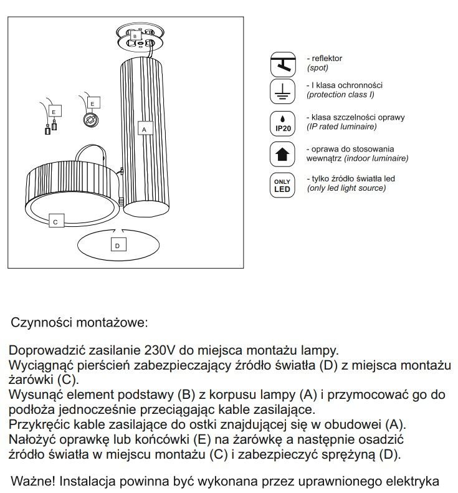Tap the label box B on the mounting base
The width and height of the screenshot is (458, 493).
[x=135, y=37]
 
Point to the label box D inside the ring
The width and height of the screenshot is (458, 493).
[x=117, y=246]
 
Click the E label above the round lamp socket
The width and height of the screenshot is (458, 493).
[x=92, y=102]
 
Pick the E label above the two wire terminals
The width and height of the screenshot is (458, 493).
[x=54, y=111]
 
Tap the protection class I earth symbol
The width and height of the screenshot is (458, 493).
[x=282, y=92]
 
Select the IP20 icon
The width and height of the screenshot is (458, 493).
[x=282, y=123]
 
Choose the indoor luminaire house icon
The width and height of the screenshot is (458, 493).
[x=282, y=154]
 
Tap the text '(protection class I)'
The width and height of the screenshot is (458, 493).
[x=340, y=95]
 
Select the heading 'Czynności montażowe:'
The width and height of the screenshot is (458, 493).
[x=79, y=324]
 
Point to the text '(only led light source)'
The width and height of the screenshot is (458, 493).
[x=345, y=188]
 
